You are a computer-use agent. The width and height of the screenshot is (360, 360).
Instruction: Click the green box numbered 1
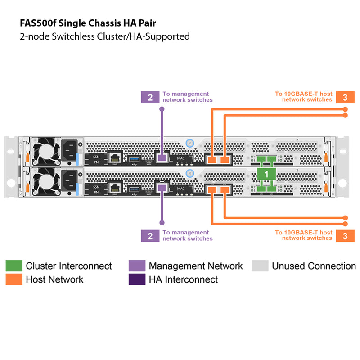click(266, 174)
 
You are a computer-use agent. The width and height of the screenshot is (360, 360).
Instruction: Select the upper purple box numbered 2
click(150, 97)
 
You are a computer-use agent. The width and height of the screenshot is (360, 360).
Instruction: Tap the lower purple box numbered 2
click(150, 235)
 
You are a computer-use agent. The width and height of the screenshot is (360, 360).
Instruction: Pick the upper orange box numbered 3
click(345, 97)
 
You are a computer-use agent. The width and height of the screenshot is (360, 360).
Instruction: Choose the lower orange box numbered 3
click(345, 235)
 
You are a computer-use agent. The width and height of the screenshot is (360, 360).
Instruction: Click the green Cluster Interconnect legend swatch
click(13, 265)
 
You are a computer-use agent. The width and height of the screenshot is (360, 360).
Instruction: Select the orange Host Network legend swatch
click(13, 279)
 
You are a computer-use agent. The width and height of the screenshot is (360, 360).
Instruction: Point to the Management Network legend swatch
click(136, 265)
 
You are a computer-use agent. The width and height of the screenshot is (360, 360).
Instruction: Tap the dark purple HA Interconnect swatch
click(136, 279)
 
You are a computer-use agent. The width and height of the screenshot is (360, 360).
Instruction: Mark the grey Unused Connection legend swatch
click(260, 265)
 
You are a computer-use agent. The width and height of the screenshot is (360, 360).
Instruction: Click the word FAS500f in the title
click(37, 22)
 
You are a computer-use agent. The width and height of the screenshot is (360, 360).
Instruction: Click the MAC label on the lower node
click(181, 189)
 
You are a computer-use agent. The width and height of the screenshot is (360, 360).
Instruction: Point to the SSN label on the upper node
click(96, 156)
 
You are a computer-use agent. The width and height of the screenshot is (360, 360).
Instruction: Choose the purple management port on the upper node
click(161, 158)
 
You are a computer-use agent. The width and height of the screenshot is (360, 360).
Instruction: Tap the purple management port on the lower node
click(161, 189)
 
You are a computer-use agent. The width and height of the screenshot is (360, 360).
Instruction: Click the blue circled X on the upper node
click(190, 143)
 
